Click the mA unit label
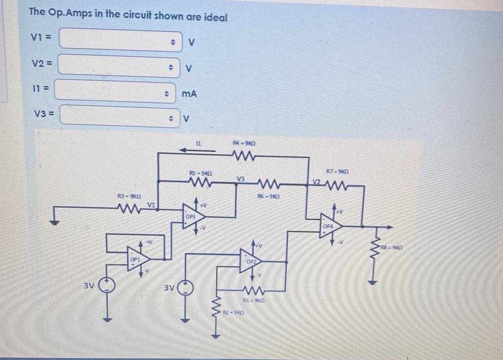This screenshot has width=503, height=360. (189, 94)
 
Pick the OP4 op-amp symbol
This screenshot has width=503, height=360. (330, 227)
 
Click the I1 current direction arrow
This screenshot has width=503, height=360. (198, 150)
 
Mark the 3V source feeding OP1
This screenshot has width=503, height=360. (107, 286)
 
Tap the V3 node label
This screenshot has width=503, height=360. (240, 179)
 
